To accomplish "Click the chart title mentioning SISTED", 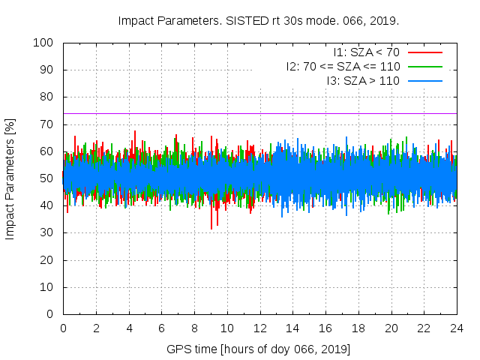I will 239,20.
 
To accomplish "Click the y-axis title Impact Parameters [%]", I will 10,178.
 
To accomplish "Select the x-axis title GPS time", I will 259,349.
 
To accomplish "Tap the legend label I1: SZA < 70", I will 367,52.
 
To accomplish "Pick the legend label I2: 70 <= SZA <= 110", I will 343,66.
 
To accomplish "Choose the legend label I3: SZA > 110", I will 363,80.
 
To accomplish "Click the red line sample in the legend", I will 424,52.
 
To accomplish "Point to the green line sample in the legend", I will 424,66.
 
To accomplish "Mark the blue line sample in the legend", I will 424,80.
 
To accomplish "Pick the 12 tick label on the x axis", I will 259,328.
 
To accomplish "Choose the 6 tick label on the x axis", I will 161,328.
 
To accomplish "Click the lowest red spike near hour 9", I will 211,228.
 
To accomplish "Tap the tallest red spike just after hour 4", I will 135,132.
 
